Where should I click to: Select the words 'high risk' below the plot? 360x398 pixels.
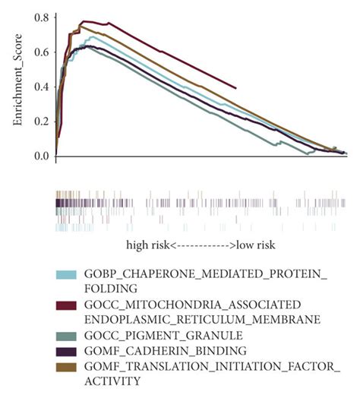pyautogui.click(x=148, y=246)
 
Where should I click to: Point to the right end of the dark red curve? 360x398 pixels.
pyautogui.click(x=236, y=88)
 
